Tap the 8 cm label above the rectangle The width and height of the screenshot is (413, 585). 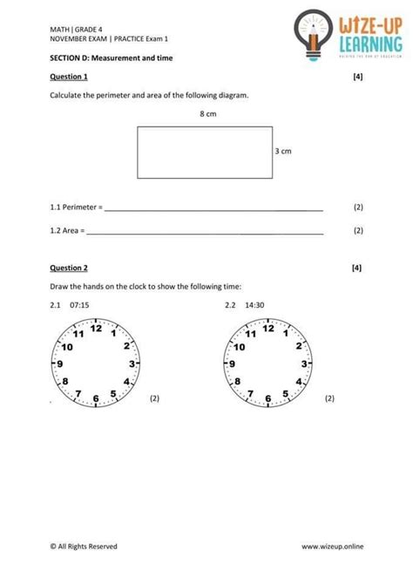(x=207, y=114)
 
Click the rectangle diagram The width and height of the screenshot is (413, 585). (x=204, y=153)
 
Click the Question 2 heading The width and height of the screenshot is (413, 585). (x=69, y=268)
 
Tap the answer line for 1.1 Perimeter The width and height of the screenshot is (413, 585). (x=213, y=209)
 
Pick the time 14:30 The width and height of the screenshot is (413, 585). (x=254, y=305)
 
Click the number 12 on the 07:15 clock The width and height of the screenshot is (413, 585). (x=96, y=329)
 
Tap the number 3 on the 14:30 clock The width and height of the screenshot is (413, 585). (x=304, y=363)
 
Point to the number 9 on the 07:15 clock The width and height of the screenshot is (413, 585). (x=59, y=364)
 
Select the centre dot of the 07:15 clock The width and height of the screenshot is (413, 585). (x=95, y=363)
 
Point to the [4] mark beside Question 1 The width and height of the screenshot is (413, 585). (x=357, y=77)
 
